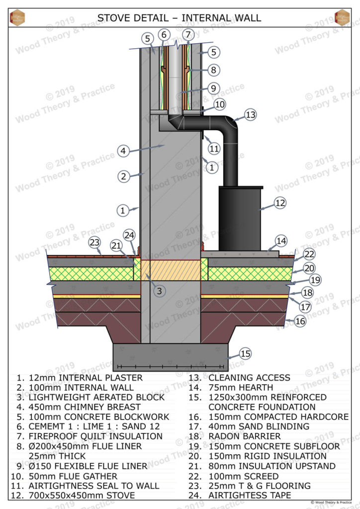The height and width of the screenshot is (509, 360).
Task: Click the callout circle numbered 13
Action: [251, 115]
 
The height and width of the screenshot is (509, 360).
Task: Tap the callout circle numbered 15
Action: [245, 354]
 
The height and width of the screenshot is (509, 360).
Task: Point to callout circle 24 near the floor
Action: [129, 235]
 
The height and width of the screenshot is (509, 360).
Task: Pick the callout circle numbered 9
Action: [213, 88]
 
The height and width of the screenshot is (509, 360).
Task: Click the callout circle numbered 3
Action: [159, 291]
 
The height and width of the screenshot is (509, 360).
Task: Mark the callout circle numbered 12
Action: [280, 203]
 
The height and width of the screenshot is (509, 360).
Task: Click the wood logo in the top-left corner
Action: [17, 17]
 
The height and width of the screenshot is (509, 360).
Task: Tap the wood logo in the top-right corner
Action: [342, 17]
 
